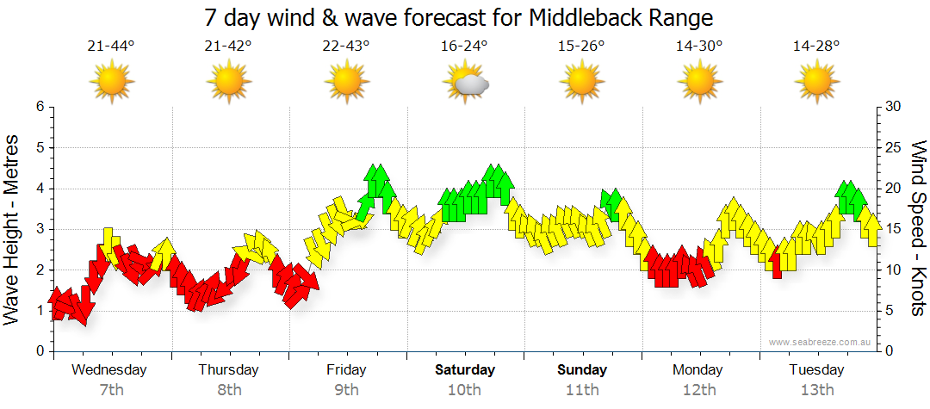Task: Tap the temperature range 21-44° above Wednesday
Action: click(111, 46)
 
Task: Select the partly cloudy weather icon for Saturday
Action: click(466, 83)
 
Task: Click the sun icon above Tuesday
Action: click(816, 83)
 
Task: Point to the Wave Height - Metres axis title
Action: click(13, 229)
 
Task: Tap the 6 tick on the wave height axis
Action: click(39, 107)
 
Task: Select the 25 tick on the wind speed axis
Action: click(894, 147)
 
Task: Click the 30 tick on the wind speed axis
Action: click(894, 107)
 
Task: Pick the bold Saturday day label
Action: click(465, 370)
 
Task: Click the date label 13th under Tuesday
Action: click(817, 389)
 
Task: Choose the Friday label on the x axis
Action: click(346, 370)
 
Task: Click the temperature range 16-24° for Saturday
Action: click(464, 46)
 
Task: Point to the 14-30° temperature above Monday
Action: click(699, 46)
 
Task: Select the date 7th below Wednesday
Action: click(111, 389)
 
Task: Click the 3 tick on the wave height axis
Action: click(39, 229)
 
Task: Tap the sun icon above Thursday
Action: click(228, 83)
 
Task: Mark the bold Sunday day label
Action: click(582, 370)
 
